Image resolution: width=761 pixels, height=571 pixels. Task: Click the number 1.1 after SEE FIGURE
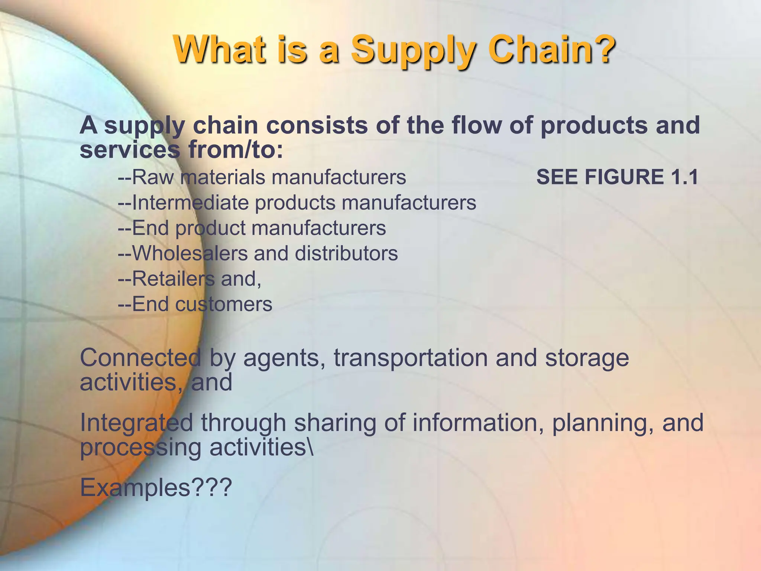point(684,177)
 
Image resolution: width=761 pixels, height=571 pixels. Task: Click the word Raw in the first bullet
point(152,177)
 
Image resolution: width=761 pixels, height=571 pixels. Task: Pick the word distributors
point(346,254)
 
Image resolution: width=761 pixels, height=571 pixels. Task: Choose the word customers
point(224,304)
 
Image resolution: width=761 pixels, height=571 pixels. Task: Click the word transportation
point(411,358)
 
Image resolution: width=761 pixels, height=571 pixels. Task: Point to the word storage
point(587,358)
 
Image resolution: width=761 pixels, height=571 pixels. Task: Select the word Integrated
point(136,423)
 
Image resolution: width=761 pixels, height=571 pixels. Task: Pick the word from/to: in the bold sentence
point(236,150)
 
